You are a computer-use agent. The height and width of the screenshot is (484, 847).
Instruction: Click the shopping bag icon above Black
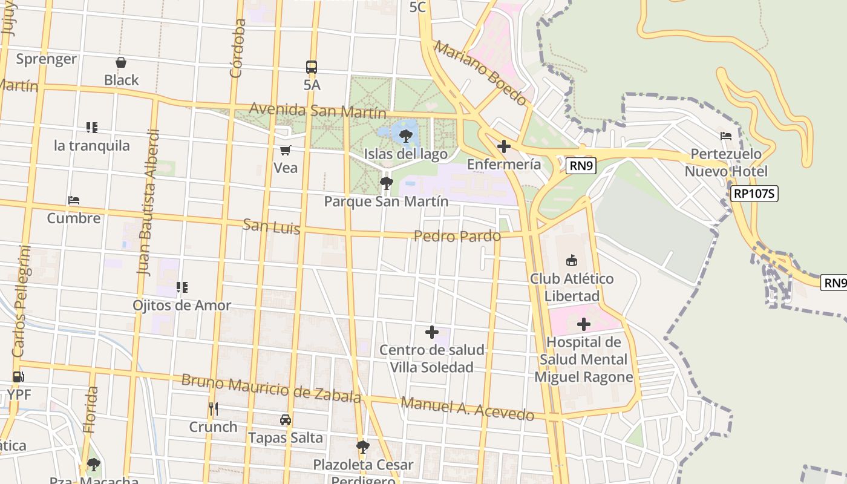click(121, 62)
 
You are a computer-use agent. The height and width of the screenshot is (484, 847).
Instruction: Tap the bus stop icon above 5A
click(312, 67)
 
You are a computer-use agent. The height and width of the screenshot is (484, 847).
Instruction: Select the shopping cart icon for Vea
click(285, 150)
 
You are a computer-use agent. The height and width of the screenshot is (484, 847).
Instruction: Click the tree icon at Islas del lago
click(406, 136)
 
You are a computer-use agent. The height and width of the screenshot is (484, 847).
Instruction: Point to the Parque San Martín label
click(386, 201)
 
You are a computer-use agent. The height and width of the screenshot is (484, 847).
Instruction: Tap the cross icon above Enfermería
click(503, 146)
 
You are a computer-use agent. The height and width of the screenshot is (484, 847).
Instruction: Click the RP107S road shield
click(754, 194)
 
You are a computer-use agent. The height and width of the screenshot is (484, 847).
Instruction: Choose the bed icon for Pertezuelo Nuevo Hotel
click(726, 136)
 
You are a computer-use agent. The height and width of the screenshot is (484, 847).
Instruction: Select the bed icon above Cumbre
click(74, 200)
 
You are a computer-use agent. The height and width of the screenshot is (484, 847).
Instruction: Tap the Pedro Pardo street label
click(457, 236)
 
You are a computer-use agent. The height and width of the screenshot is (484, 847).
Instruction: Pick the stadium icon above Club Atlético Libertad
click(571, 261)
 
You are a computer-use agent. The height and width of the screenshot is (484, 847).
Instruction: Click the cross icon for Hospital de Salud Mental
click(583, 324)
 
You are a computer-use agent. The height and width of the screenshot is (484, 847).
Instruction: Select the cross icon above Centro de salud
click(432, 332)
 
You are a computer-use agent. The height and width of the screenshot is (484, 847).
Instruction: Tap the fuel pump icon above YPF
click(19, 377)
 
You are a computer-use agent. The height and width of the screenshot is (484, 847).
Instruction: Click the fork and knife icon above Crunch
click(213, 409)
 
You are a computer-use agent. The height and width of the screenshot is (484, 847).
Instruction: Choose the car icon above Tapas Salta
click(285, 420)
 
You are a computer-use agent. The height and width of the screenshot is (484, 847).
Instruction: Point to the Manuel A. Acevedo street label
click(468, 408)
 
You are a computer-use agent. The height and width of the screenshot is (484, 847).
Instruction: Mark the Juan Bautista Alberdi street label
click(149, 203)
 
